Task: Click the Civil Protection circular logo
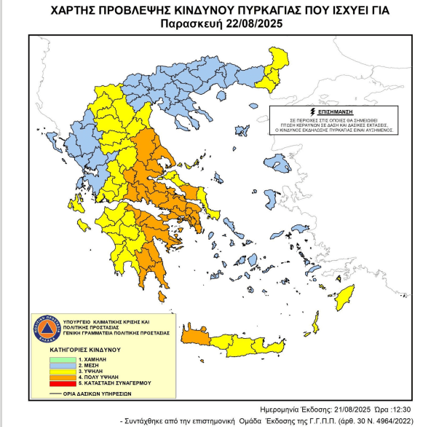(x=45, y=329)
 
